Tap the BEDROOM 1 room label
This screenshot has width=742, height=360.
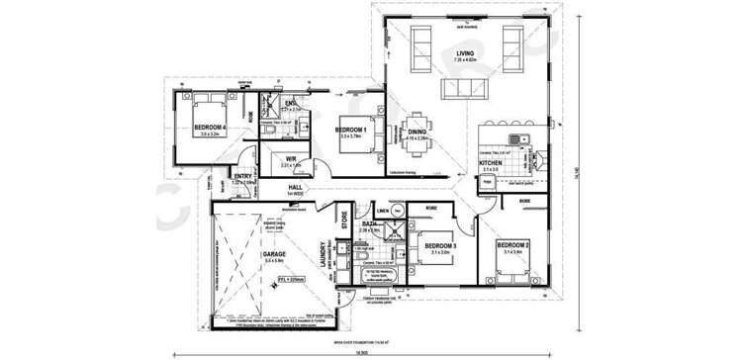click(350, 130)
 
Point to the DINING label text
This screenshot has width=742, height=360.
click(417, 131)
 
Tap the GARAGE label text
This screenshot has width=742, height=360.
click(274, 254)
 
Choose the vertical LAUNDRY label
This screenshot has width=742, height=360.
click(323, 256)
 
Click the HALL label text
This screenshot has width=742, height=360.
click(295, 186)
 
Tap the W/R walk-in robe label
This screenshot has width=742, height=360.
click(292, 158)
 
